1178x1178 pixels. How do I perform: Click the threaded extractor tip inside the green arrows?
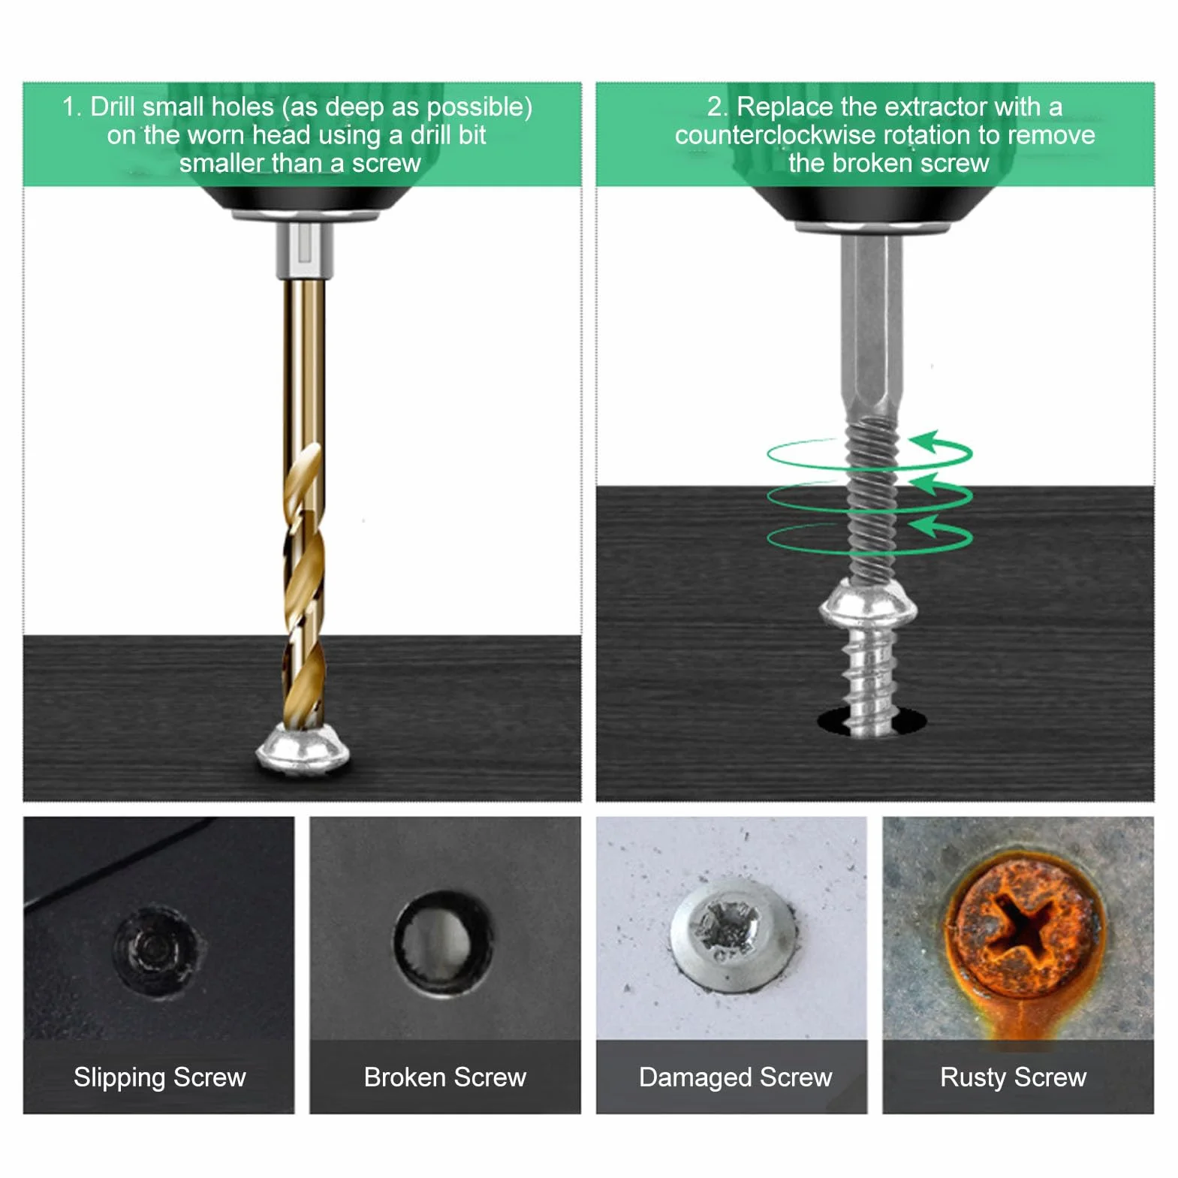[871, 496]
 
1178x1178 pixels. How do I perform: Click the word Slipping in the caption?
[120, 1078]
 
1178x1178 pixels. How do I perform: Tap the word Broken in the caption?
[405, 1077]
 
